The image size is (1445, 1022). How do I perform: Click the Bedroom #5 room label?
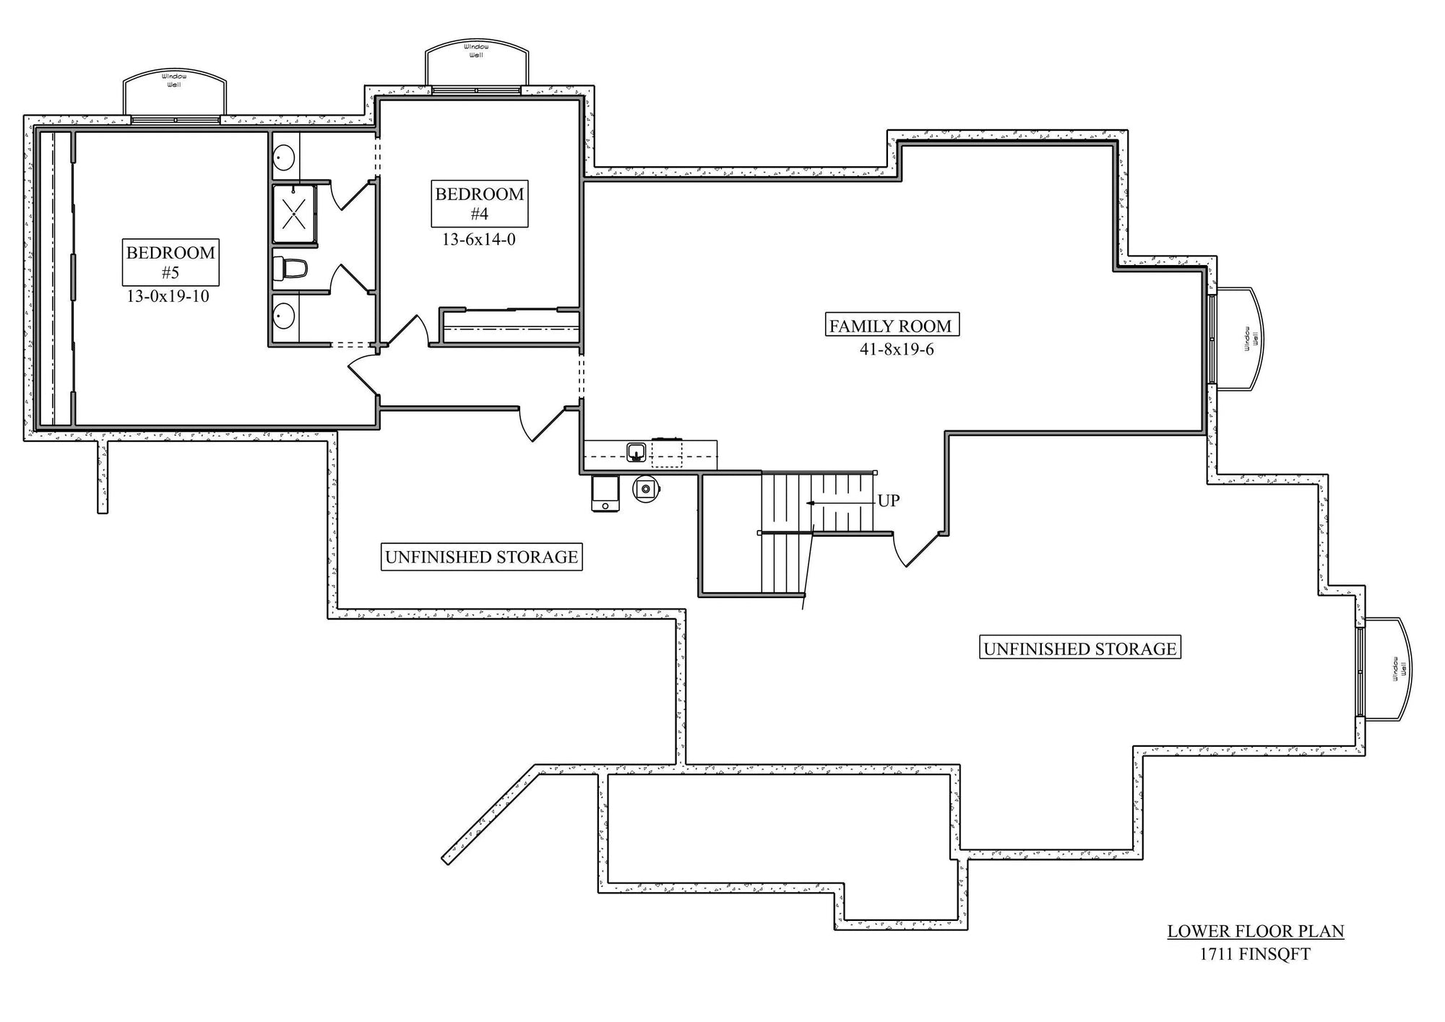[x=171, y=261]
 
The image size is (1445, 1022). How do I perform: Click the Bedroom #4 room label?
[x=479, y=203]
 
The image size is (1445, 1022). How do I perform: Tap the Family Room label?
[x=892, y=325]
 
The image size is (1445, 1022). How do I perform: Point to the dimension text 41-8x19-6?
[x=897, y=350]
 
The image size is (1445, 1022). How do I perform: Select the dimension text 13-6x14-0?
[x=479, y=239]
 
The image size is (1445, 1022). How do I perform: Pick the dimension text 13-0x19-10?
[x=168, y=295]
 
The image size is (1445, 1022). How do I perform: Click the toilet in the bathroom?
[x=290, y=269]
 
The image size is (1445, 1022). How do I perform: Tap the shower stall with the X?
[x=294, y=213]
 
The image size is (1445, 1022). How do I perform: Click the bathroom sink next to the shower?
[x=283, y=156]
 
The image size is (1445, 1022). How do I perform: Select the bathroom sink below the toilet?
[x=283, y=316]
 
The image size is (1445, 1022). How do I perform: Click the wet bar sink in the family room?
[x=637, y=451]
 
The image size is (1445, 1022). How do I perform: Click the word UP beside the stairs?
[x=889, y=501]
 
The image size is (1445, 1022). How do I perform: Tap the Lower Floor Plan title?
[x=1256, y=931]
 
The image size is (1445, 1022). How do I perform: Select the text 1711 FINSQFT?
[x=1255, y=954]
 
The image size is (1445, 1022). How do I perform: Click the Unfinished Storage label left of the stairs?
[x=481, y=557]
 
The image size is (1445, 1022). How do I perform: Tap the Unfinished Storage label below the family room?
[x=1080, y=648]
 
